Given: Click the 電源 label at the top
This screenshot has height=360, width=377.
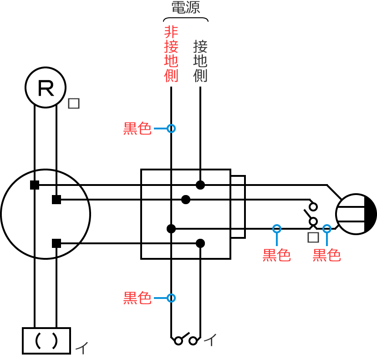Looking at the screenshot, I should (186, 7).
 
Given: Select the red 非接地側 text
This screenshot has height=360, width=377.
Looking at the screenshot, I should (171, 54).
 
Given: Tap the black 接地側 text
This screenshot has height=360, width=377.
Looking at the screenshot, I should (200, 61).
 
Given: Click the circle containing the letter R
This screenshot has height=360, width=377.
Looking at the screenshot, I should (46, 87).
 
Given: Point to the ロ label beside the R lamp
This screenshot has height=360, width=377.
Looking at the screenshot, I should (74, 103).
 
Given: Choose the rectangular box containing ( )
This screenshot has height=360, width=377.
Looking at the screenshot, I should (46, 340).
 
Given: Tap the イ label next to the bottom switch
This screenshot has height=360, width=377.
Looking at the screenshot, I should (210, 339).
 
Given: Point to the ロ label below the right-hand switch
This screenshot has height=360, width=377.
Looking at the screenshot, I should (313, 237).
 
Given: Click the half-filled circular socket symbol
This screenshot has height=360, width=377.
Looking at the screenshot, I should (356, 214).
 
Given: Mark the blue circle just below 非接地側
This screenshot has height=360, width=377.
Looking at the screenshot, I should (171, 129).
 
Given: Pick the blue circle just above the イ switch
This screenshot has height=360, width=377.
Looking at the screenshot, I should (171, 298).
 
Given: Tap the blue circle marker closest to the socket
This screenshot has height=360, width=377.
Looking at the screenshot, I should (327, 229).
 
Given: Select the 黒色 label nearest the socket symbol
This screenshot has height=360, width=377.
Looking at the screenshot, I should (327, 255).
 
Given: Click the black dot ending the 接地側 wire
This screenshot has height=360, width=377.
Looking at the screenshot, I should (200, 185).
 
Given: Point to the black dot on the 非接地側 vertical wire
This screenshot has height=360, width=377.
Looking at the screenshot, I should (171, 229).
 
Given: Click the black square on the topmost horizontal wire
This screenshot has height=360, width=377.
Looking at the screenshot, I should (35, 185).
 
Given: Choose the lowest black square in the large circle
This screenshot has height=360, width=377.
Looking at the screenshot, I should (56, 243).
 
